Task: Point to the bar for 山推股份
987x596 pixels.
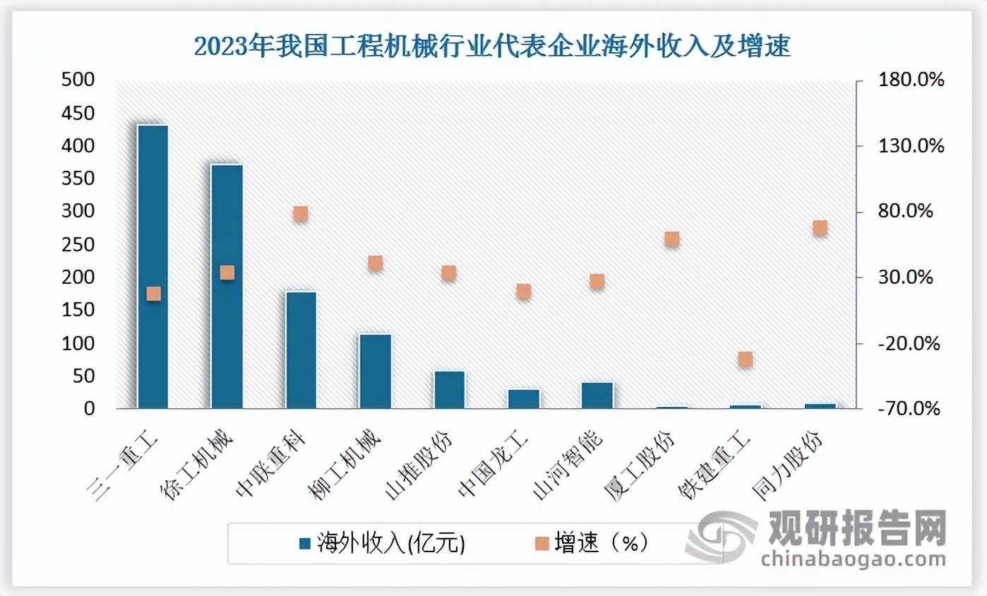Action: (x=449, y=389)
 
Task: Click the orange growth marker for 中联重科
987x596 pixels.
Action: (x=301, y=213)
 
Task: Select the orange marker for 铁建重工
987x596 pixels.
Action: (x=746, y=359)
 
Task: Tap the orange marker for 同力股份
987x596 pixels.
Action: (x=820, y=227)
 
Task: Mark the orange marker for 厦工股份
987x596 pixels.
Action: (x=671, y=239)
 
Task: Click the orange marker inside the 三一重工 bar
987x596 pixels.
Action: (x=153, y=294)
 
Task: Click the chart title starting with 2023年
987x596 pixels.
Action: (x=493, y=47)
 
